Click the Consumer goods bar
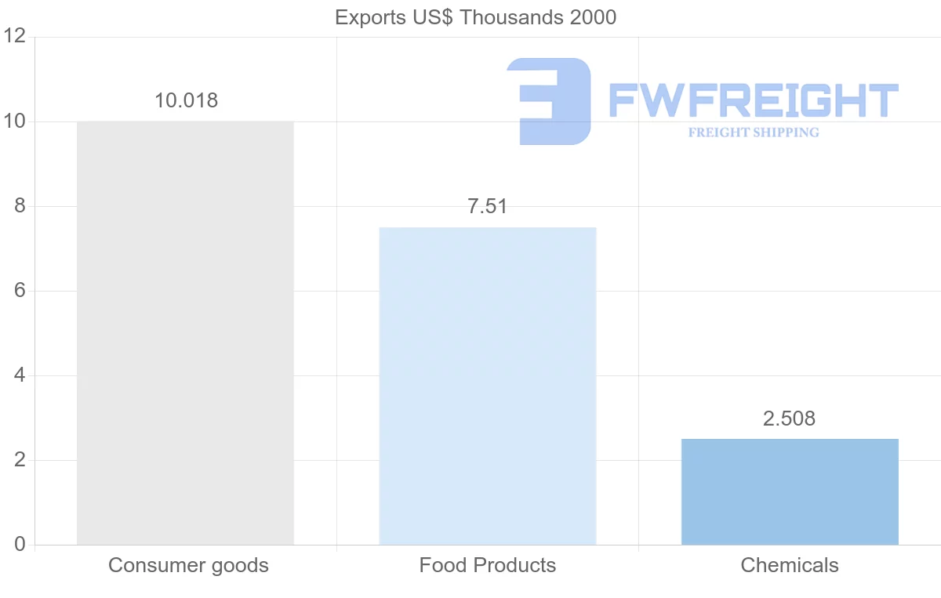pyautogui.click(x=185, y=333)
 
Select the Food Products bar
pyautogui.click(x=487, y=386)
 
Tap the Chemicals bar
pyautogui.click(x=790, y=491)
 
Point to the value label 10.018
pyautogui.click(x=186, y=100)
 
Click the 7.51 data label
pyautogui.click(x=487, y=206)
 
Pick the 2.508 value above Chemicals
pyautogui.click(x=789, y=419)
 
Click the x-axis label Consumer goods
pyautogui.click(x=188, y=565)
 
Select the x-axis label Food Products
pyautogui.click(x=487, y=565)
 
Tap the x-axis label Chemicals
pyautogui.click(x=790, y=565)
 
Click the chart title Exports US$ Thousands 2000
pyautogui.click(x=475, y=17)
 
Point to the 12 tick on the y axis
pyautogui.click(x=15, y=37)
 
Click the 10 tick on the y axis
pyautogui.click(x=15, y=121)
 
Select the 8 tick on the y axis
pyautogui.click(x=19, y=206)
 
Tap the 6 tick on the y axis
pyautogui.click(x=19, y=291)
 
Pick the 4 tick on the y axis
pyautogui.click(x=19, y=375)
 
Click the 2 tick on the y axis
pyautogui.click(x=19, y=460)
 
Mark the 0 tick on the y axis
pyautogui.click(x=19, y=545)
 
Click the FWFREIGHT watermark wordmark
pyautogui.click(x=753, y=101)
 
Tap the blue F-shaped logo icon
pyautogui.click(x=549, y=101)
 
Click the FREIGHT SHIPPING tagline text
pyautogui.click(x=753, y=132)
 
